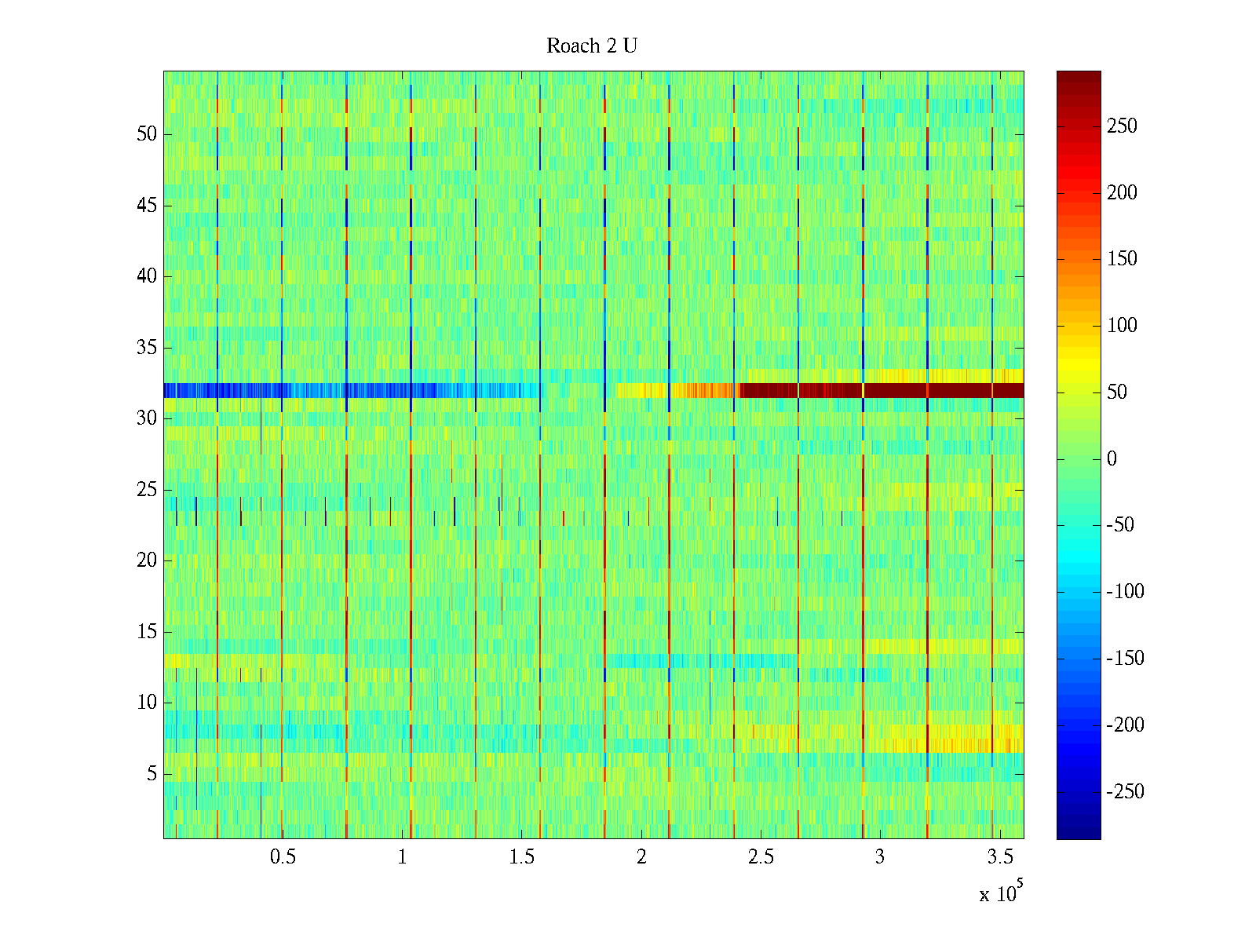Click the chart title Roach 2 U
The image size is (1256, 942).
tap(592, 46)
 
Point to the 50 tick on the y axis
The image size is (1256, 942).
tap(147, 134)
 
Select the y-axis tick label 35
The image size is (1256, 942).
tap(147, 348)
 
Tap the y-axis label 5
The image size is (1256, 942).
tap(152, 774)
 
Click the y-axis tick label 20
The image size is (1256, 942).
tap(147, 560)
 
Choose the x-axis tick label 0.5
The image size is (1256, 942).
tap(283, 857)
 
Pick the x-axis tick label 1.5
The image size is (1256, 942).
tap(521, 857)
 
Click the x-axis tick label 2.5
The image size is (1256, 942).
tap(760, 857)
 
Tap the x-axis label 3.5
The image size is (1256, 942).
tap(999, 857)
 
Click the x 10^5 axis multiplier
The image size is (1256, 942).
tap(1001, 893)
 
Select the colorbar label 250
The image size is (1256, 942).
tap(1122, 126)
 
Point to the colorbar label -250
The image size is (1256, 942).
tap(1125, 791)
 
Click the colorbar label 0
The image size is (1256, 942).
tap(1112, 459)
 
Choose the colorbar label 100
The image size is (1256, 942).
tap(1122, 326)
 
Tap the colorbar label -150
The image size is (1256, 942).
tap(1125, 659)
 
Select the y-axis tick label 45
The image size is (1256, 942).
tap(147, 206)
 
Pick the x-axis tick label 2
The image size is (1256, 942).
tap(641, 857)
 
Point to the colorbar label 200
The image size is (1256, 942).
tap(1122, 193)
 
